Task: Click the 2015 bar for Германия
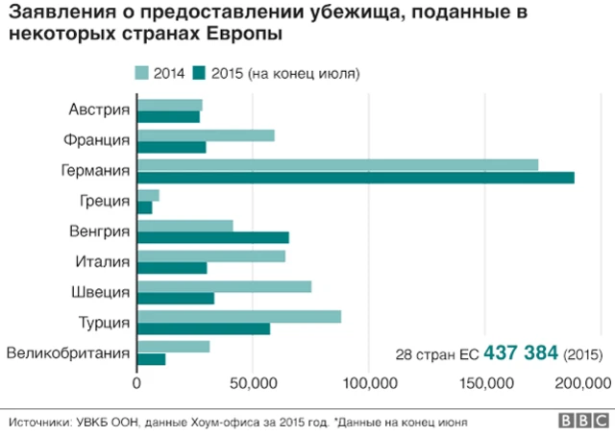(356, 177)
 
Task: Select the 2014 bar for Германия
(337, 165)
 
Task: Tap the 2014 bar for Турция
(239, 317)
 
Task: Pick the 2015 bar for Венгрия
(213, 237)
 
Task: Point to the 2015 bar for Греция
(145, 207)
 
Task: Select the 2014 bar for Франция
(206, 135)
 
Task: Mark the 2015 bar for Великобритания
(152, 359)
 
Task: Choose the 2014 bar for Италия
(211, 256)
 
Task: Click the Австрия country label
(99, 109)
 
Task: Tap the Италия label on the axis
(102, 261)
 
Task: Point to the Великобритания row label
(68, 353)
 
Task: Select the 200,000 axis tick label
(583, 383)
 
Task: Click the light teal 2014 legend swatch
(142, 73)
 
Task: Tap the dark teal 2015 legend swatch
(200, 73)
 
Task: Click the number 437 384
(521, 352)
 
